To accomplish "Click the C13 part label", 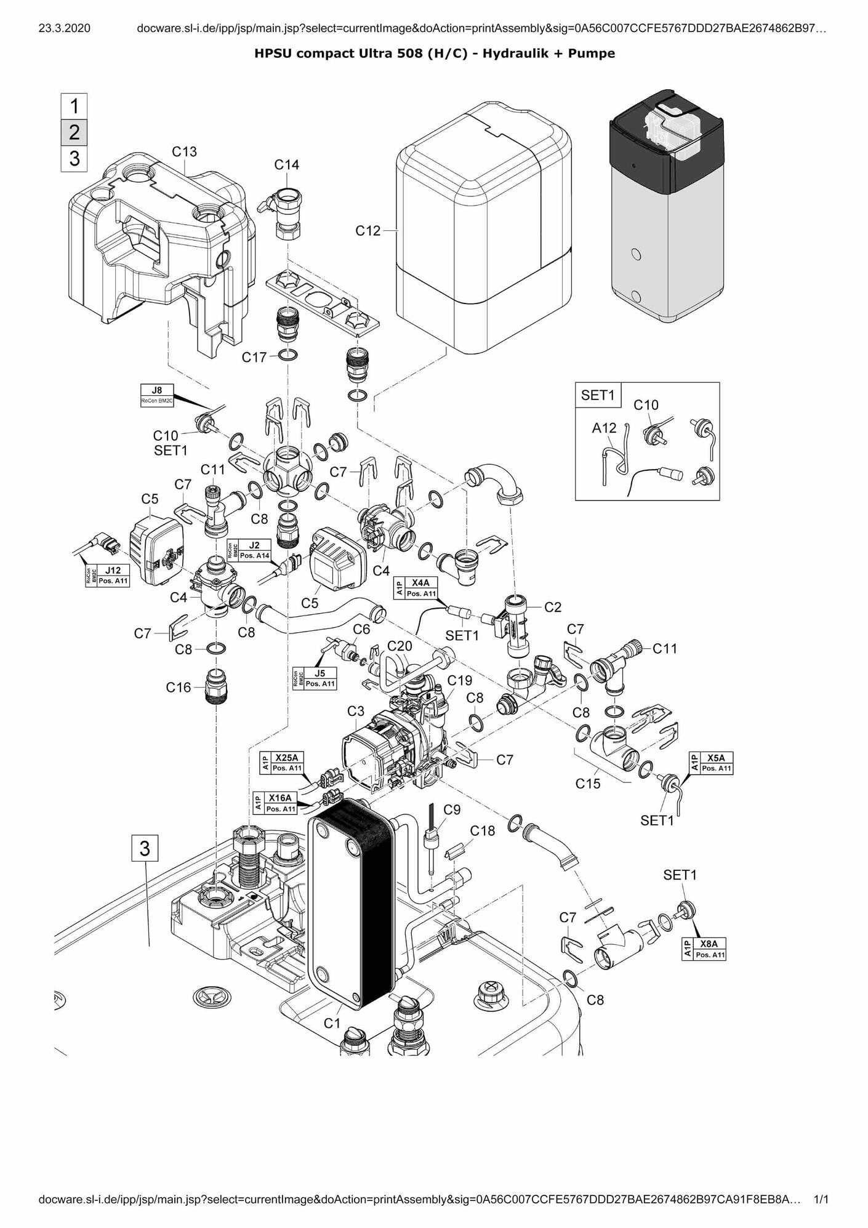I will point(184,151).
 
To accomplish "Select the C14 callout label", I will point(286,165).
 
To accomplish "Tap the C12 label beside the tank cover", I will point(368,231).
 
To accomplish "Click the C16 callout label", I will point(179,688).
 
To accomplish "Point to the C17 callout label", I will point(254,357).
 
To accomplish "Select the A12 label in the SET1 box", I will point(604,428).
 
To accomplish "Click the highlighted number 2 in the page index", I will point(74,132).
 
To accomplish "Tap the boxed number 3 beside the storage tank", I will point(145,849).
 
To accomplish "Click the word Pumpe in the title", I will point(592,54).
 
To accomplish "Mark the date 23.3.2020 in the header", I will point(64,28).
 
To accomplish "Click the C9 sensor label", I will point(452,809).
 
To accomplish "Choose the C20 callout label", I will point(400,646).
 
